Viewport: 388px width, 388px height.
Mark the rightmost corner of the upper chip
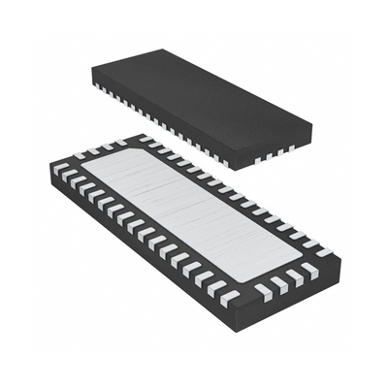(311, 122)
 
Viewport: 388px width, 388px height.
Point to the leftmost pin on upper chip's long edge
(98, 86)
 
